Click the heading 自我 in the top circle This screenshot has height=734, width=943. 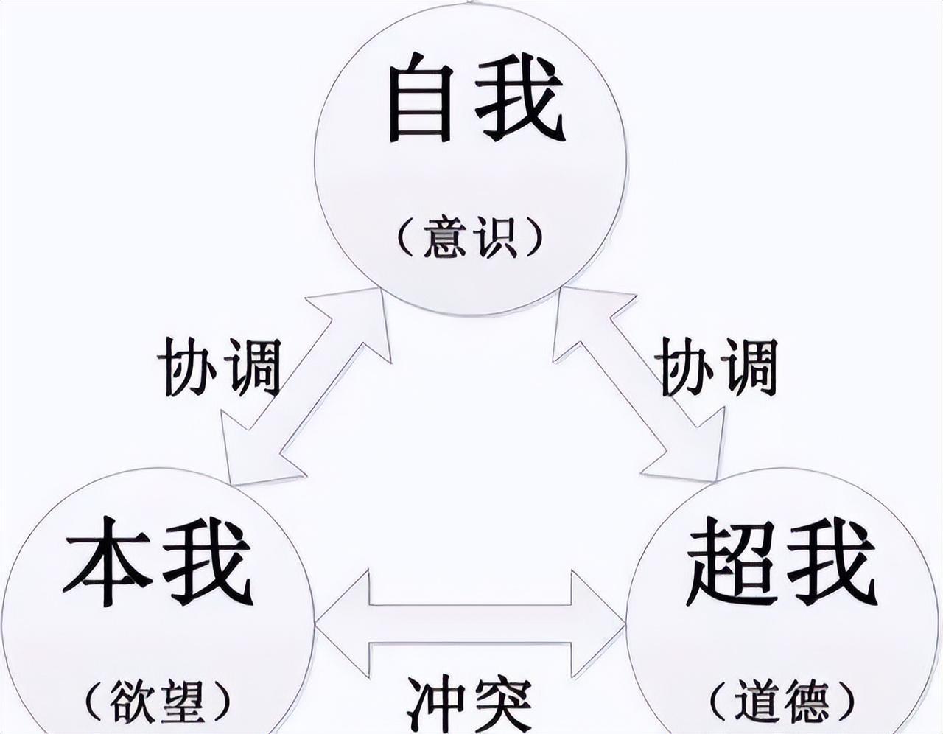(475, 99)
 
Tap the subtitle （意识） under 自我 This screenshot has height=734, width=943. (469, 237)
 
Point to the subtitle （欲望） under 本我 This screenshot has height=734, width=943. (156, 702)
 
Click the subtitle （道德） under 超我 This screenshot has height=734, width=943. (782, 702)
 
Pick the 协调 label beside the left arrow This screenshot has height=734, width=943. (220, 366)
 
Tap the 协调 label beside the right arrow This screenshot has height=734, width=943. (718, 366)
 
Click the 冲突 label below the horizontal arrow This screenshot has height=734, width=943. (469, 705)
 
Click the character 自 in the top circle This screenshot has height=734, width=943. (419, 99)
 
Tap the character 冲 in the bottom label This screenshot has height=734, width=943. (435, 705)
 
